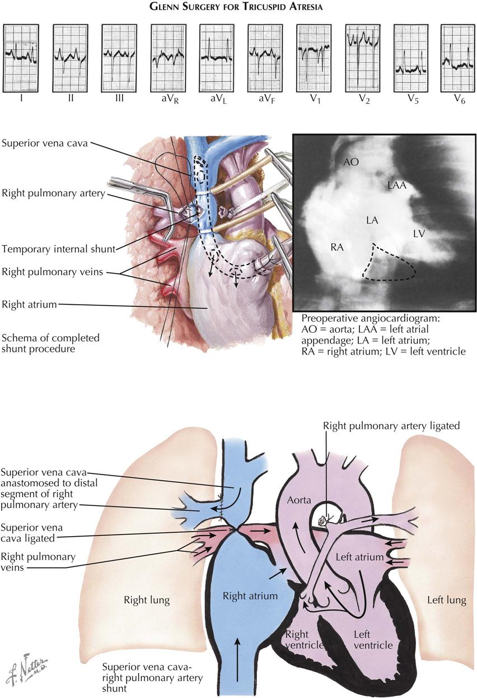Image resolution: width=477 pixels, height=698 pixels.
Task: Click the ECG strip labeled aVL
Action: coord(217,58)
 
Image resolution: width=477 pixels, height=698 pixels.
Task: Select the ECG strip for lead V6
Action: coord(458,58)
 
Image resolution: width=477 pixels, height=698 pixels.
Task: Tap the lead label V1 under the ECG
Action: coord(315,99)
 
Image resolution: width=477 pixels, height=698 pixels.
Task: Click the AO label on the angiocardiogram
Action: coord(351,162)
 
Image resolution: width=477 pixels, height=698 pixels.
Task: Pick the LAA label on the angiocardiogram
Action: coord(397,185)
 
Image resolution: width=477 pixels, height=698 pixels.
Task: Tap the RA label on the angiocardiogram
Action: coord(337,248)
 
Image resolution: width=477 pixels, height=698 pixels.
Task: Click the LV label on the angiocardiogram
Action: coord(419,234)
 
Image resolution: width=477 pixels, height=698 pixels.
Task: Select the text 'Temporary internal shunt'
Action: coord(59,249)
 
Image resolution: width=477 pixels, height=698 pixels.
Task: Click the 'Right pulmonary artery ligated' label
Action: coord(391,426)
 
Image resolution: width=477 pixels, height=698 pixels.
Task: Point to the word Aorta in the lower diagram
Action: coord(299,500)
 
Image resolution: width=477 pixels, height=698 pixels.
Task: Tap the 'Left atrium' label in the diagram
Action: coord(359,557)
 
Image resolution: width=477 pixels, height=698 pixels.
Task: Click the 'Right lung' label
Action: coord(147,600)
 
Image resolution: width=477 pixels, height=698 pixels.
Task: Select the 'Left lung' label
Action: coord(446,600)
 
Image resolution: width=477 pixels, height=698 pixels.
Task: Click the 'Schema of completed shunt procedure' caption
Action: coord(50,343)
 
